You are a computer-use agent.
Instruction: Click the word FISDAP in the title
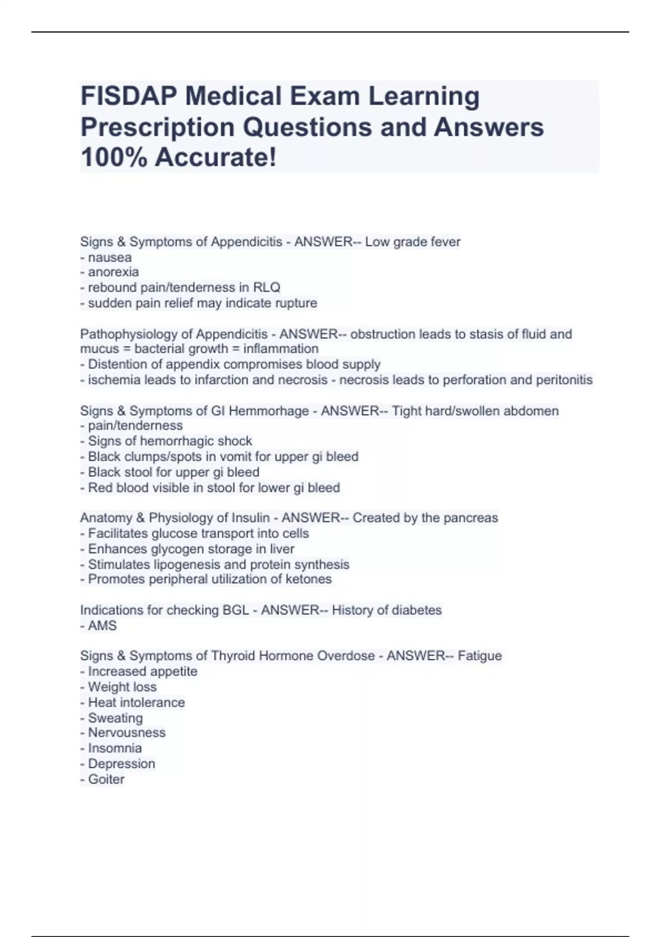click(x=129, y=96)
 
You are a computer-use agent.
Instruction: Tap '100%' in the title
click(x=113, y=158)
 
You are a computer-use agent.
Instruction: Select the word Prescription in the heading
click(x=158, y=127)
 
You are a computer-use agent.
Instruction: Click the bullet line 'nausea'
click(x=110, y=257)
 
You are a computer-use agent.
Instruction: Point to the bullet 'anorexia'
click(x=113, y=272)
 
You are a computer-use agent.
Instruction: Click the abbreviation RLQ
click(x=267, y=287)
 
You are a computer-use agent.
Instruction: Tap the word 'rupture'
click(x=297, y=303)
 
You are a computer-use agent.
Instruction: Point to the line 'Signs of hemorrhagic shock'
click(x=170, y=441)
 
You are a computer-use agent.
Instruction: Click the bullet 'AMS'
click(x=102, y=626)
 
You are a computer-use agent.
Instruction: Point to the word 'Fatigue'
click(x=480, y=656)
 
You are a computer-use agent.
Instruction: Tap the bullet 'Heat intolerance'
click(x=136, y=702)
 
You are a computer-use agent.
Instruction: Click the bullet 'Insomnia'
click(x=115, y=748)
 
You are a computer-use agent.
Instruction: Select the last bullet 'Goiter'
click(x=106, y=779)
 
